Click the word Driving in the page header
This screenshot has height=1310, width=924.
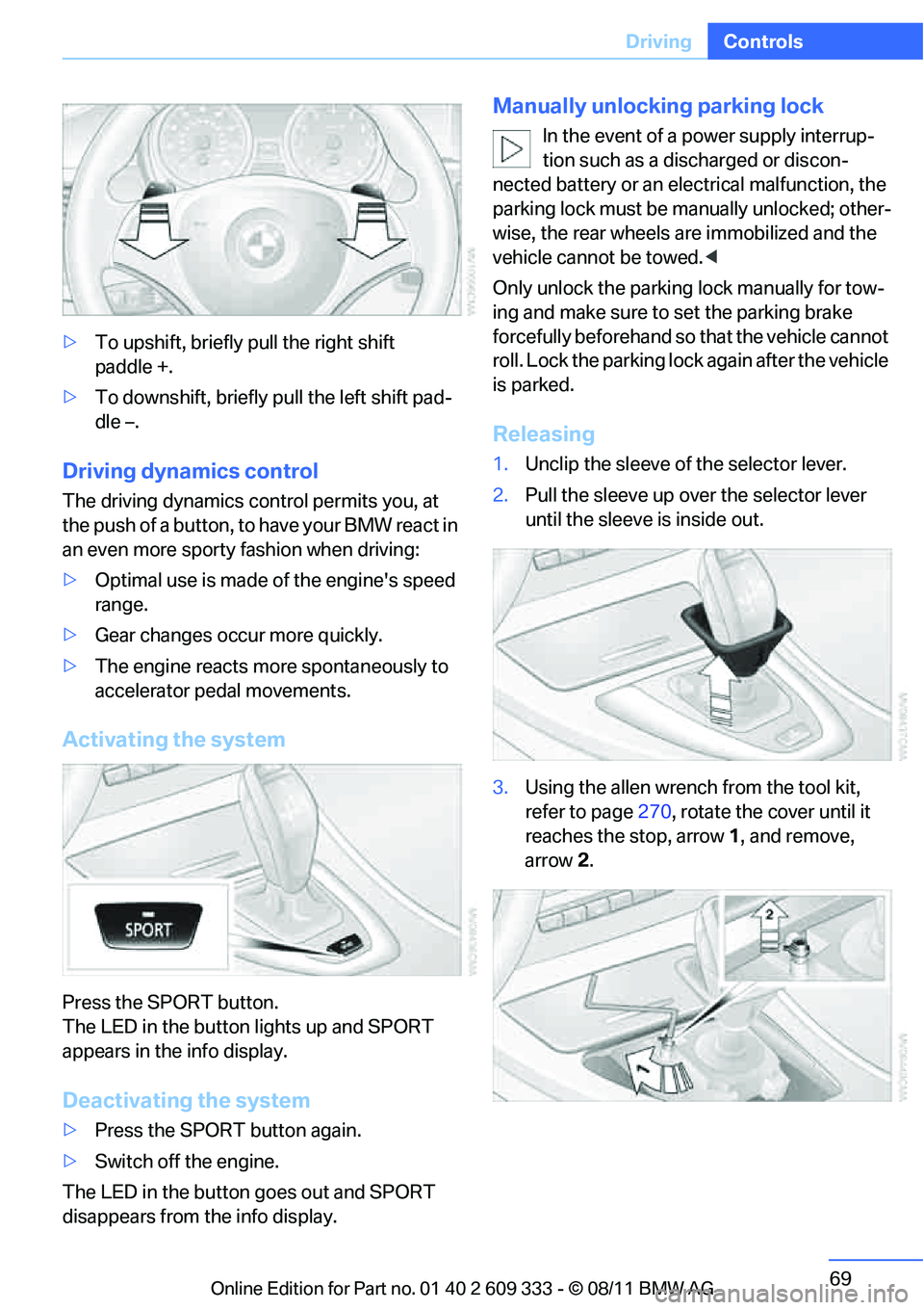pos(658,41)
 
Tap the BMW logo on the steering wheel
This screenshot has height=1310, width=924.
pos(259,246)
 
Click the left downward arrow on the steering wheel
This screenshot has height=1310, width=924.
pos(153,231)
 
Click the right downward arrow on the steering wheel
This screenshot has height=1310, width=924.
pos(372,231)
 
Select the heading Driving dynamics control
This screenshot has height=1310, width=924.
pos(190,471)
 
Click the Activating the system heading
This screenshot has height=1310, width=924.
pos(173,740)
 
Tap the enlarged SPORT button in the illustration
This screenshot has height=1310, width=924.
pos(148,926)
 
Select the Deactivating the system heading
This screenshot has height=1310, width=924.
pos(186,1100)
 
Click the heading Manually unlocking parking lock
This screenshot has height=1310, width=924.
pos(657,106)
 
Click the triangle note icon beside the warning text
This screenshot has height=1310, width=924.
pos(511,149)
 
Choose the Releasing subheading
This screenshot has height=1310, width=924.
pos(543,434)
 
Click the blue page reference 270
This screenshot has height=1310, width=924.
pos(654,812)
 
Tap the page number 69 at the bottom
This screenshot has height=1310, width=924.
pos(840,1278)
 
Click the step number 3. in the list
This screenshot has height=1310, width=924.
pos(500,788)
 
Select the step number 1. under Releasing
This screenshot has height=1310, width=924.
pos(500,464)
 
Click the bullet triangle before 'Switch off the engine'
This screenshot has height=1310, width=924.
pos(69,1161)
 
